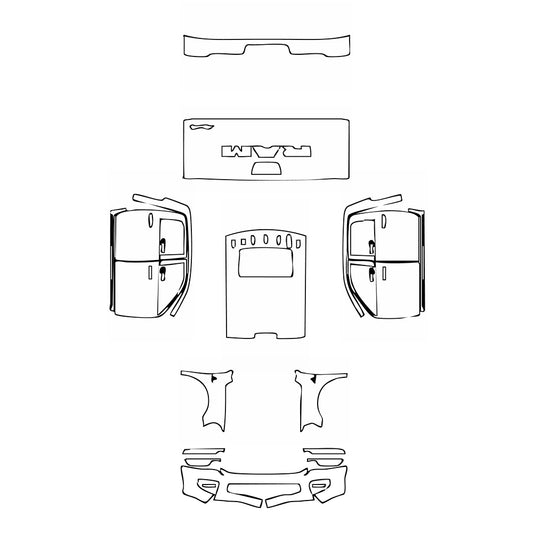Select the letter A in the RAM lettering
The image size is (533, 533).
coord(265,150)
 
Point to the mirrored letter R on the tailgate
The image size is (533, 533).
coord(296,150)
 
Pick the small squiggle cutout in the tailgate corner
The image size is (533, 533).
coord(201,127)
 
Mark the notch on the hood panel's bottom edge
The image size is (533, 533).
coord(266,331)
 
